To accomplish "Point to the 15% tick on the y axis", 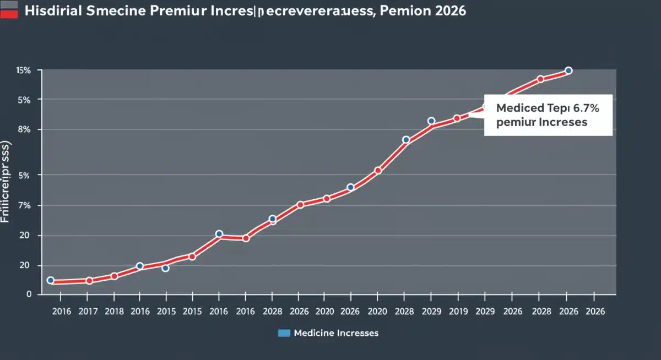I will point(23,70).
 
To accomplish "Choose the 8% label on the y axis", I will point(24,129).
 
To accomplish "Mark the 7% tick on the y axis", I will point(24,205).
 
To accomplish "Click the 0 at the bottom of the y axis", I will point(29,294).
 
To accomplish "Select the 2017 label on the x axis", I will point(88,311).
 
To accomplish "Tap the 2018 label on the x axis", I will point(114,311).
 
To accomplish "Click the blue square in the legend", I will point(284,333).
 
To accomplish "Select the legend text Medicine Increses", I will point(336,333).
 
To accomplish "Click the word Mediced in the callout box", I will point(517,108).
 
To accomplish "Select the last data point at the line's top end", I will point(568,70).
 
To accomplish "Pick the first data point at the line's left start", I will point(51,280).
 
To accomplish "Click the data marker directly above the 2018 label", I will point(114,276).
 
